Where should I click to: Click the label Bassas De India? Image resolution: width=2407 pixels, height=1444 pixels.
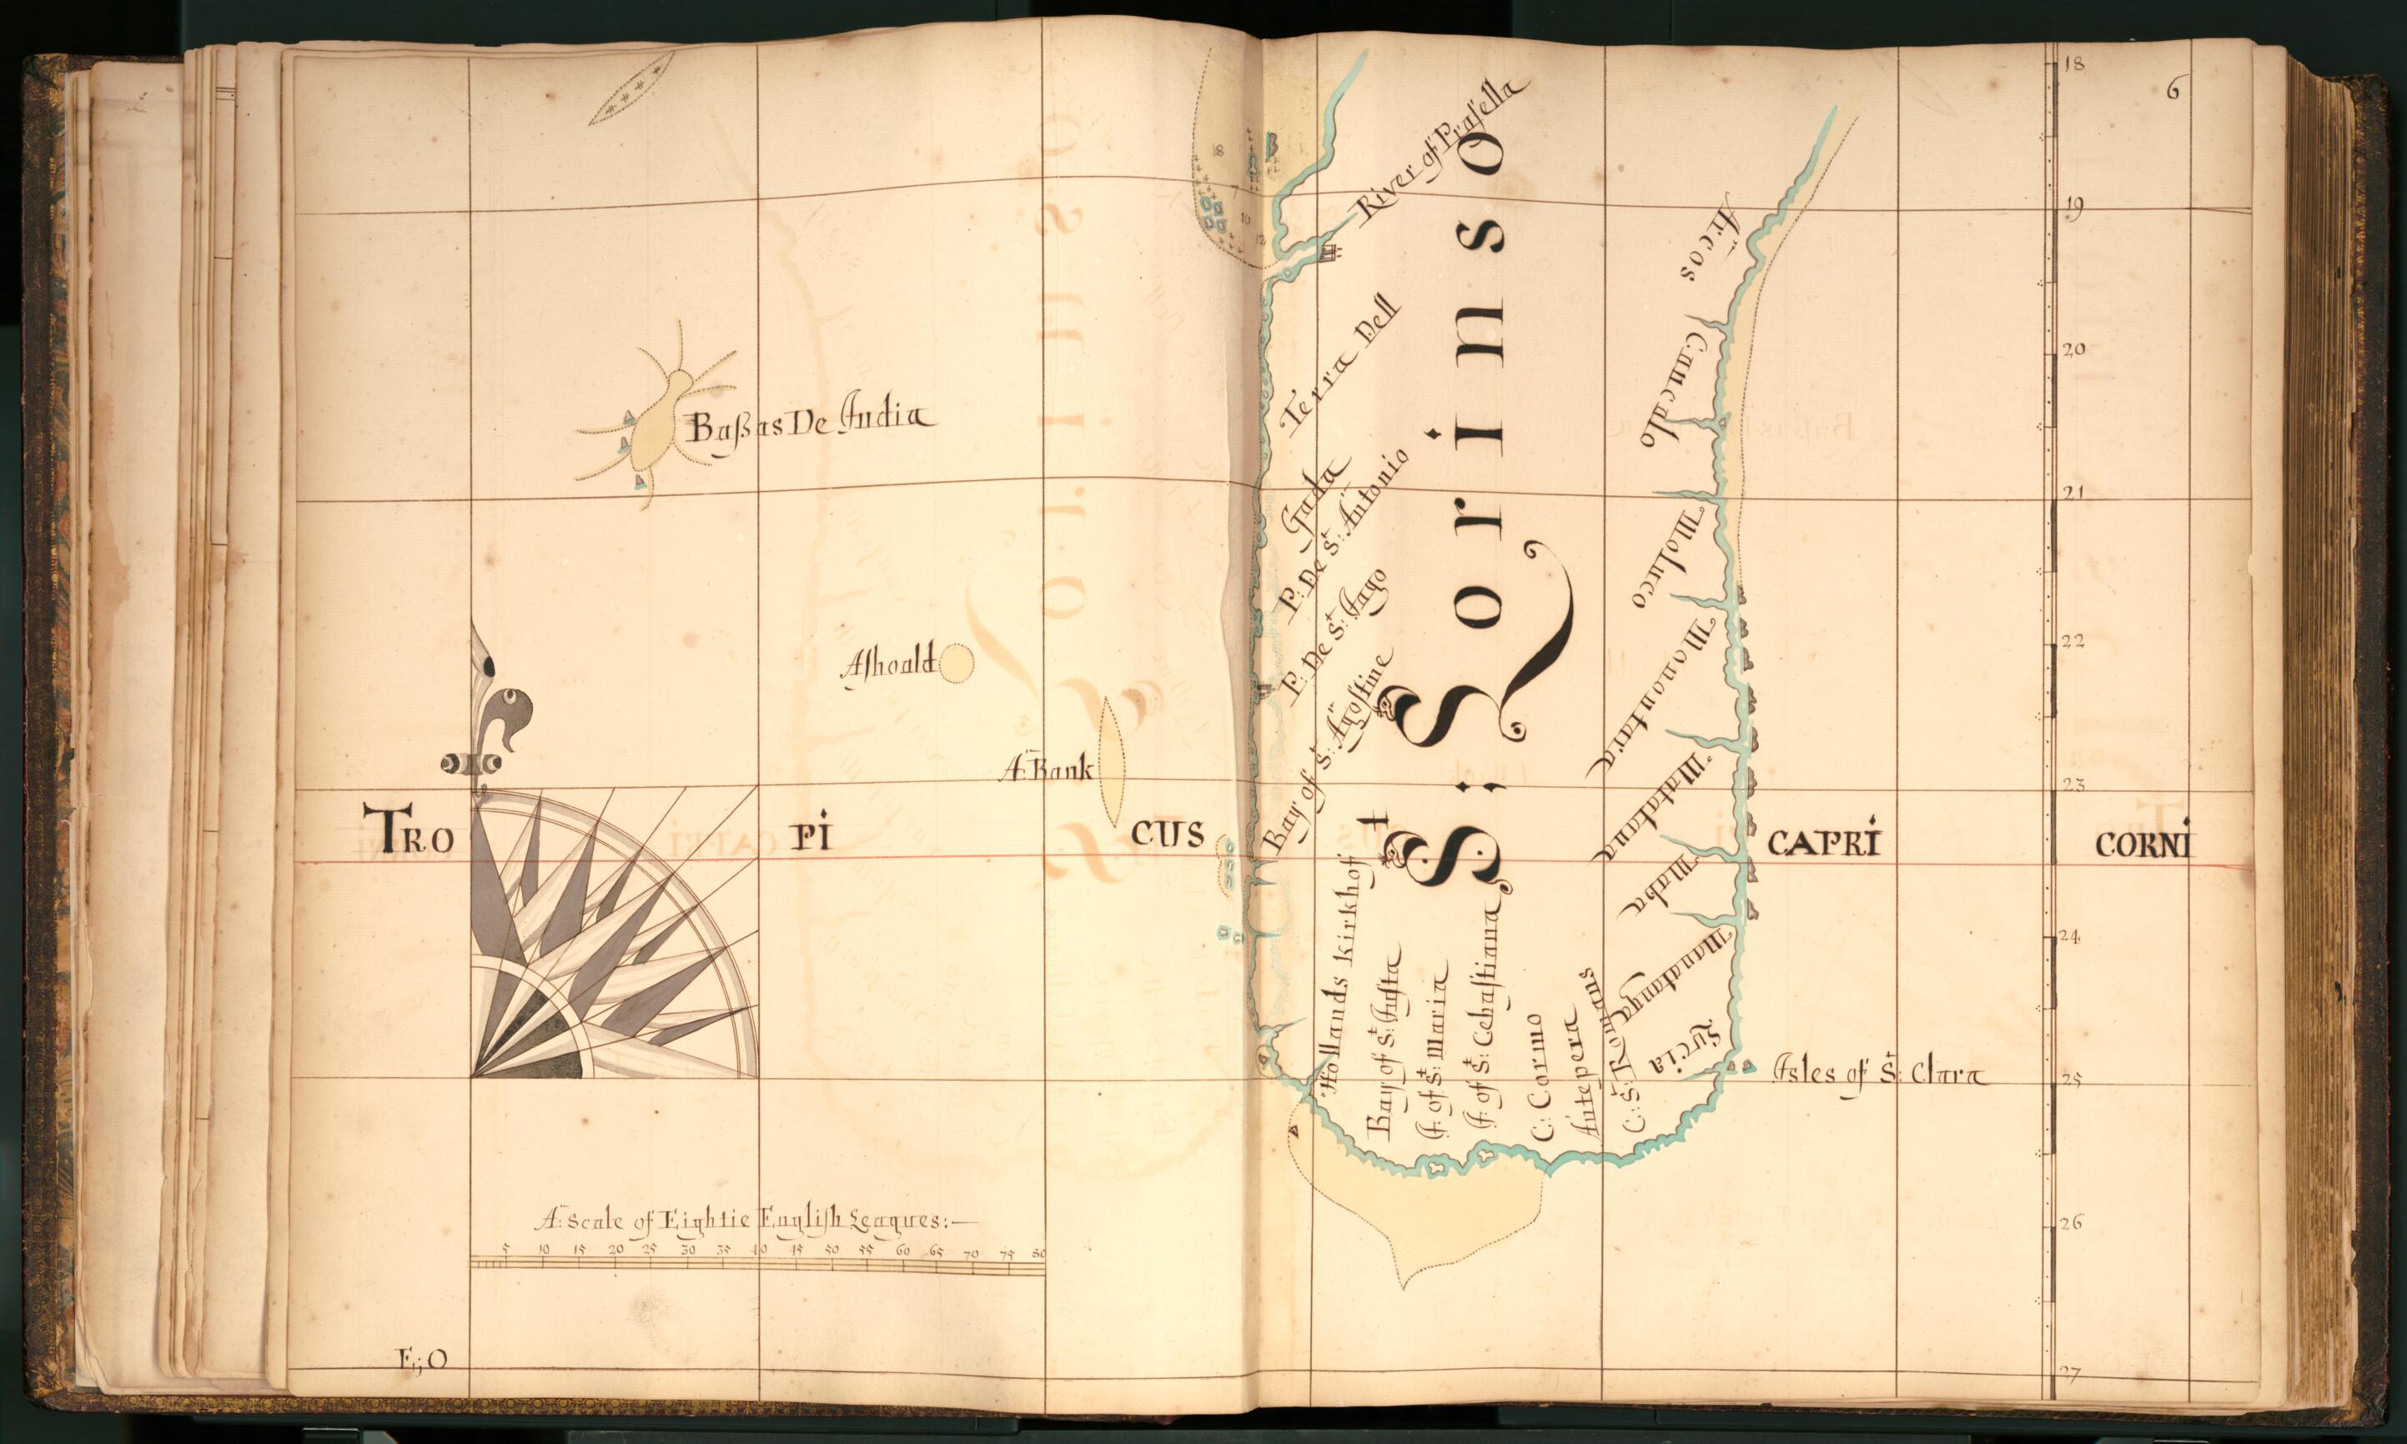point(810,424)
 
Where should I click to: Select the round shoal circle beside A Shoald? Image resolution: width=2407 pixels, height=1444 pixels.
point(956,665)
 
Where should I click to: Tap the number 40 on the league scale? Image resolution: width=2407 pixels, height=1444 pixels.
point(759,1251)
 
